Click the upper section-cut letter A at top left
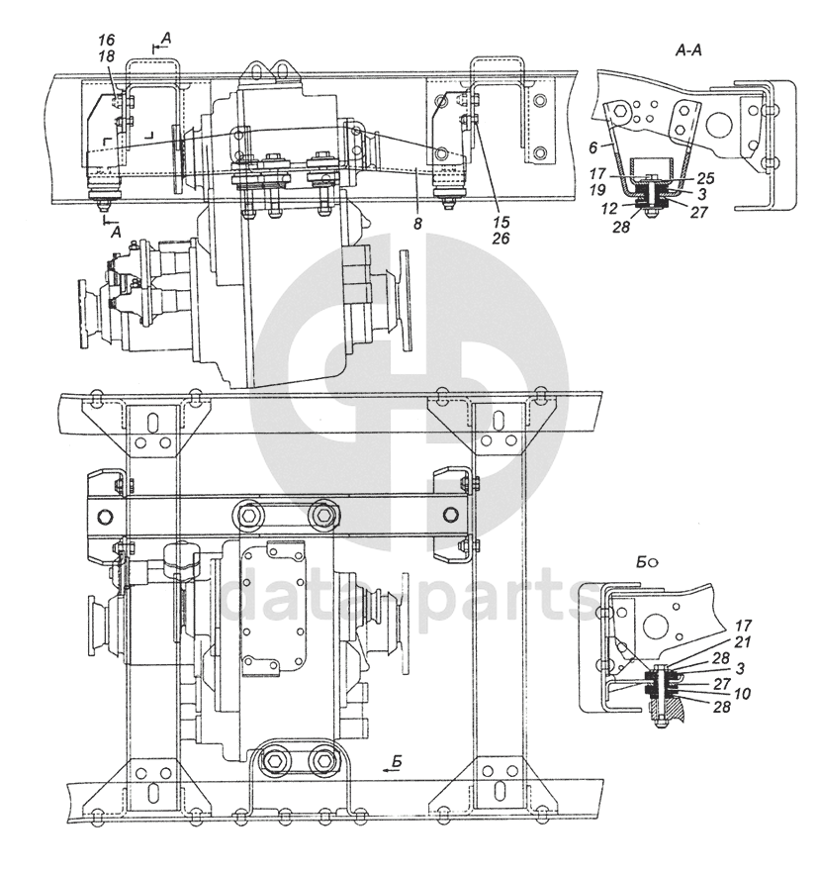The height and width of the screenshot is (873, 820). pyautogui.click(x=165, y=38)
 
